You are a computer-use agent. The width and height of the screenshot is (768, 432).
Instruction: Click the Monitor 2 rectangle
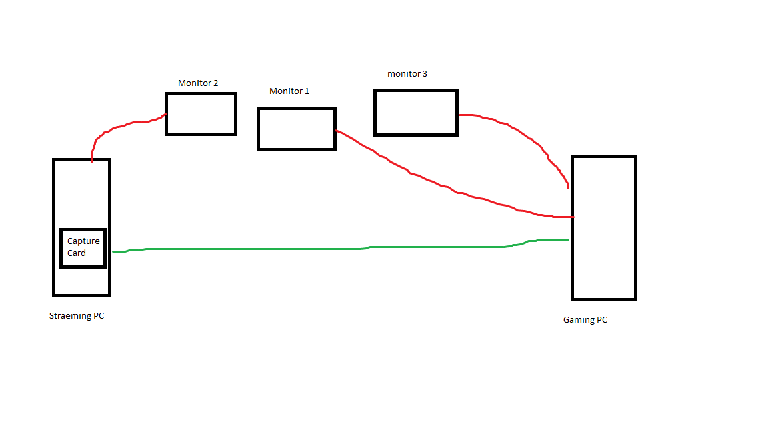pos(201,114)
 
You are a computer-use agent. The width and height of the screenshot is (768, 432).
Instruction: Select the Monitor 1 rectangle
pos(297,129)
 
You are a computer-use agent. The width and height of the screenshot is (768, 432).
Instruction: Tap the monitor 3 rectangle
pos(416,113)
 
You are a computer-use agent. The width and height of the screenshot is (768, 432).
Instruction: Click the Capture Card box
pos(83,248)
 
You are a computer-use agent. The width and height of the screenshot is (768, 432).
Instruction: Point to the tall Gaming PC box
pos(604,228)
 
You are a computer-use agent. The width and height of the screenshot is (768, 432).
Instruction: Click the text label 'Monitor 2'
pos(198,83)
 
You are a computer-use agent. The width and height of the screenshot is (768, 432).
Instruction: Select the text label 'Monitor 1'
pos(289,91)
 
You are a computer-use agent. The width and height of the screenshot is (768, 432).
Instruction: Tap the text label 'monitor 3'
pos(407,73)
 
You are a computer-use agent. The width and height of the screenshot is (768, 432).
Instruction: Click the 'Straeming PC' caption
pos(77,316)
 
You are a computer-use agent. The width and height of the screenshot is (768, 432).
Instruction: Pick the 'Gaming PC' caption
pos(585,320)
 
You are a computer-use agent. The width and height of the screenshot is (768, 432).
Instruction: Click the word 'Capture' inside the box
pos(83,241)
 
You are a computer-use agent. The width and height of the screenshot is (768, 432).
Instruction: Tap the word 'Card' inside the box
pos(77,253)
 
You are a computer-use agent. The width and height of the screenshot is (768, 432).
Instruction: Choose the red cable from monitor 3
pos(527,137)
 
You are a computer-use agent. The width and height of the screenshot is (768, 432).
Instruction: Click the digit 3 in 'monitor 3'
pos(425,73)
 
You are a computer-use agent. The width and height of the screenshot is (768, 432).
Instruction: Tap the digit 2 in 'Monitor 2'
pos(215,83)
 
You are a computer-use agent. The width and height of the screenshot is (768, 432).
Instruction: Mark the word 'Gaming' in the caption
pos(578,320)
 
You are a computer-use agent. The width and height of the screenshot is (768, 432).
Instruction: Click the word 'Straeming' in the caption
pos(69,316)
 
